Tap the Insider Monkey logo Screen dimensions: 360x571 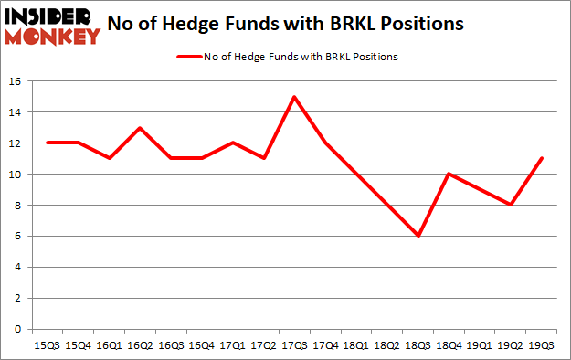[52, 26]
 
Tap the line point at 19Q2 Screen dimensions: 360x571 [510, 205]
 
